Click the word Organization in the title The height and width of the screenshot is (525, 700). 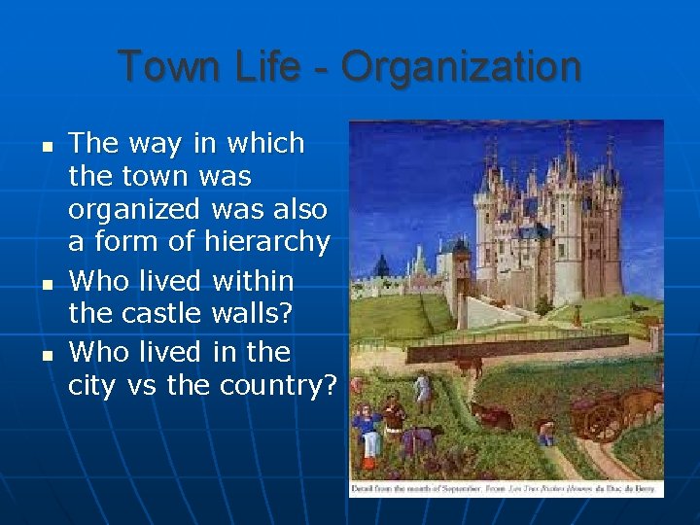[461, 68]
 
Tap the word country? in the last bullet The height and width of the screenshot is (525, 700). [278, 386]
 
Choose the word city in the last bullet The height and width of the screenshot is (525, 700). [92, 386]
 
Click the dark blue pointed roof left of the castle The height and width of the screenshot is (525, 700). [381, 264]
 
